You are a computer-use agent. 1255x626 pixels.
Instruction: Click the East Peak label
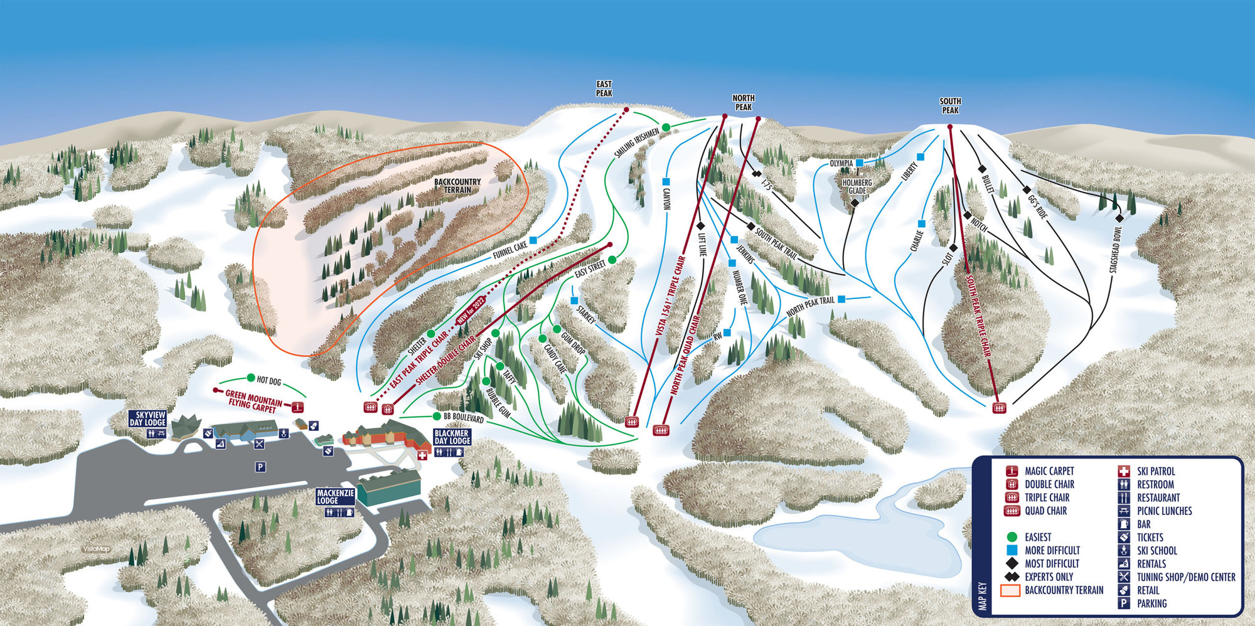click(x=604, y=88)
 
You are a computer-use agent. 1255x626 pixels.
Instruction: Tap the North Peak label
click(x=743, y=102)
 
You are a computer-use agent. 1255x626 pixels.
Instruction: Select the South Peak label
click(x=950, y=105)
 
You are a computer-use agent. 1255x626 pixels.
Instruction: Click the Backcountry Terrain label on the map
click(x=457, y=186)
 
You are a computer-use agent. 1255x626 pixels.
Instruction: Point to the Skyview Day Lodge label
click(x=147, y=418)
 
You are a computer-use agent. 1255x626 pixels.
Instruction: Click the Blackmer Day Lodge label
click(x=452, y=437)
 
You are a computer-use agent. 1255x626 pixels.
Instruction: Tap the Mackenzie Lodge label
click(x=335, y=497)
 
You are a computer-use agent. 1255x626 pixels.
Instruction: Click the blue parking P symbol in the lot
click(x=260, y=467)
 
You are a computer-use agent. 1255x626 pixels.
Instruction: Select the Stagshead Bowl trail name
click(x=1116, y=249)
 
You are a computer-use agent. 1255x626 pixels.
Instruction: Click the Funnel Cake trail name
click(x=510, y=250)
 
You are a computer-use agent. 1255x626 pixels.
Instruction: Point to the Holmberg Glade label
click(x=857, y=186)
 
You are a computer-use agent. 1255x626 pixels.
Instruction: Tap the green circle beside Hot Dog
click(x=251, y=378)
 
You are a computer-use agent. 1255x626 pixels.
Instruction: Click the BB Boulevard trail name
click(x=463, y=417)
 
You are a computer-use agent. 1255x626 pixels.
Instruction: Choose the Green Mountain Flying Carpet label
click(x=254, y=401)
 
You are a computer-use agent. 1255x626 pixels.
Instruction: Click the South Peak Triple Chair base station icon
click(x=999, y=408)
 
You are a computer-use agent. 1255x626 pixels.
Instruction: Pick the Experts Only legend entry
click(x=1049, y=576)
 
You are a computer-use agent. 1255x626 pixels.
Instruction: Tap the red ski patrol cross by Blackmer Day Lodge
click(x=422, y=456)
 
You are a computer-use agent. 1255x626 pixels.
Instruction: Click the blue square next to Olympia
click(x=859, y=162)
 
